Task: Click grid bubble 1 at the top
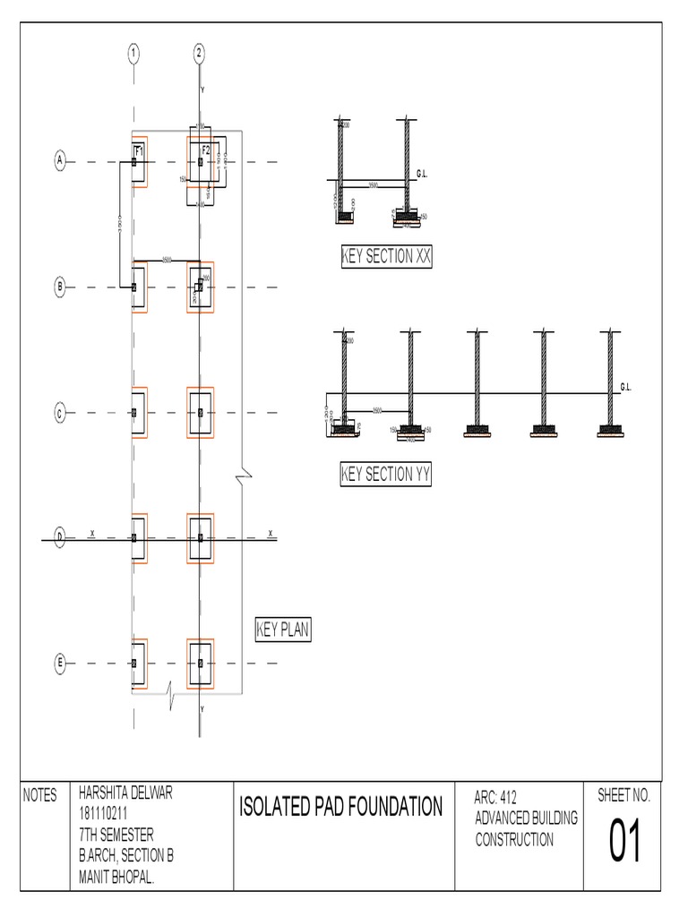point(133,53)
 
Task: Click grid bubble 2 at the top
point(199,53)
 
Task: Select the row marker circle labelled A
point(60,161)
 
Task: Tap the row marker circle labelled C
point(60,413)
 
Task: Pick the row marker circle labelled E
point(60,663)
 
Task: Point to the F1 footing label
point(139,150)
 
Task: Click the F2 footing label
point(206,150)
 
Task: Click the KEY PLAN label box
point(282,630)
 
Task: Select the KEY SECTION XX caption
point(386,257)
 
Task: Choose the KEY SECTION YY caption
point(386,475)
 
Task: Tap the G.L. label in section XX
point(424,171)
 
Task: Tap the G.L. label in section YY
point(626,387)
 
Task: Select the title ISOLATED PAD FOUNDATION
point(341,807)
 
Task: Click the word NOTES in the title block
point(39,795)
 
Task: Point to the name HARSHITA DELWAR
point(125,793)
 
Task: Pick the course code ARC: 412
point(496,797)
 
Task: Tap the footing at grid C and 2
point(201,413)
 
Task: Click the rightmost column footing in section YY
point(612,430)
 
